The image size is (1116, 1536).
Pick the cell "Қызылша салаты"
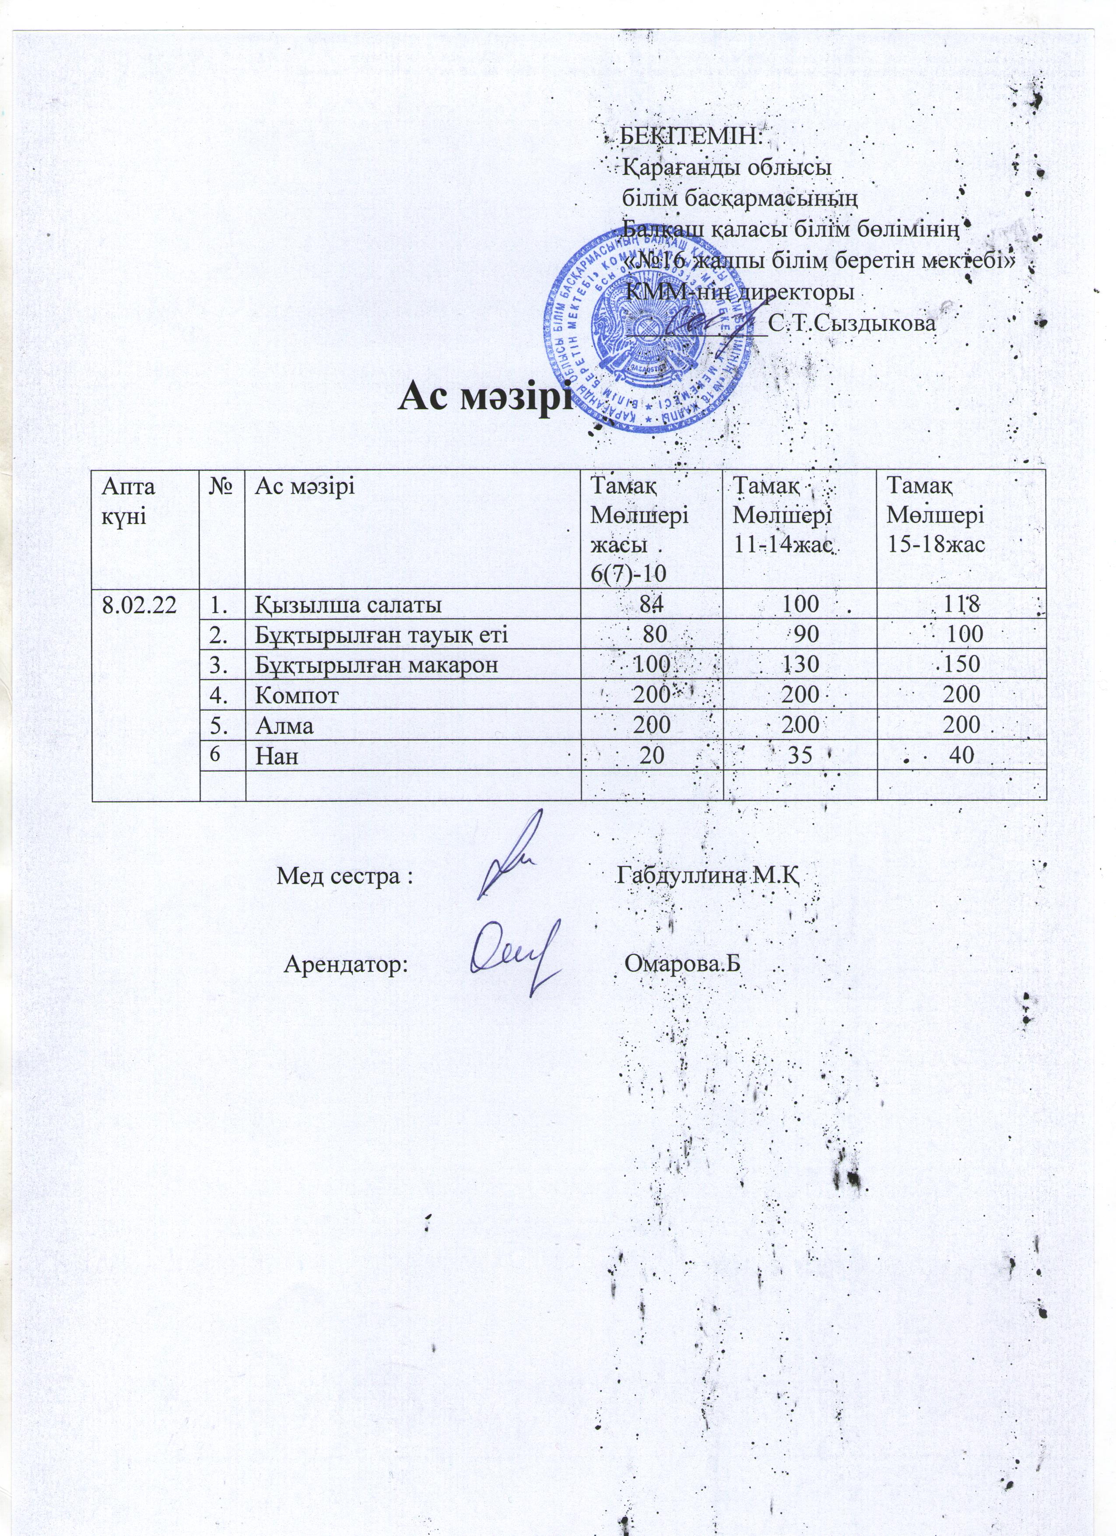(x=348, y=604)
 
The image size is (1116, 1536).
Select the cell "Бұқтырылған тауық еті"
(x=381, y=635)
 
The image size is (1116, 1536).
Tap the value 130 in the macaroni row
(x=800, y=664)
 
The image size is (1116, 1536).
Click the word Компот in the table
(x=297, y=695)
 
